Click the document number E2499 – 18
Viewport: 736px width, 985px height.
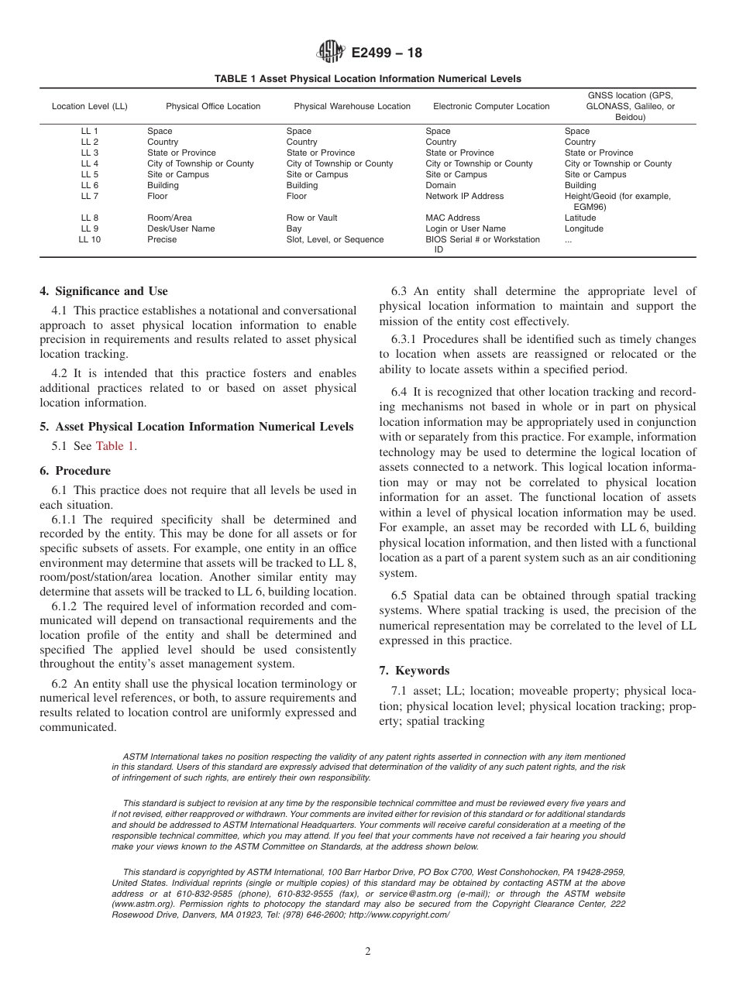pyautogui.click(x=387, y=53)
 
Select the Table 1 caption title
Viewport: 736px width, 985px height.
pyautogui.click(x=368, y=79)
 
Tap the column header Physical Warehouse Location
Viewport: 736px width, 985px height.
pyautogui.click(x=352, y=107)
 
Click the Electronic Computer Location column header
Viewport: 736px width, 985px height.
pyautogui.click(x=491, y=107)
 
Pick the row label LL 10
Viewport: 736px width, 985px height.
pyautogui.click(x=89, y=240)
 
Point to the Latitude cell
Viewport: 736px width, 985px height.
pyautogui.click(x=581, y=218)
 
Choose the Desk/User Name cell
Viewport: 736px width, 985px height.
pyautogui.click(x=181, y=229)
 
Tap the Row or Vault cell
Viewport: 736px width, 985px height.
pyautogui.click(x=311, y=218)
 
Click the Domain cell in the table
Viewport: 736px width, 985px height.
pyautogui.click(x=441, y=186)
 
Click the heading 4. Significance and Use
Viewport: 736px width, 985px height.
pyautogui.click(x=103, y=291)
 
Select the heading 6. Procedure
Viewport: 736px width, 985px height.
pyautogui.click(x=75, y=471)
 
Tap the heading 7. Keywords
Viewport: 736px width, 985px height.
pyautogui.click(x=414, y=671)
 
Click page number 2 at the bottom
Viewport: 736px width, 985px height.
pyautogui.click(x=368, y=952)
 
